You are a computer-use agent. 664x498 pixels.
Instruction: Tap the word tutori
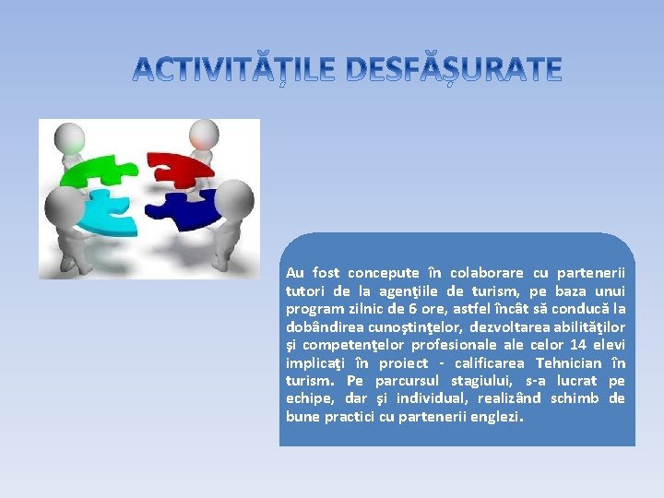(x=304, y=290)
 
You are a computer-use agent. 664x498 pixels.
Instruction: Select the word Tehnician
(x=564, y=362)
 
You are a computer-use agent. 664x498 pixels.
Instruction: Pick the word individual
(x=432, y=398)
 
